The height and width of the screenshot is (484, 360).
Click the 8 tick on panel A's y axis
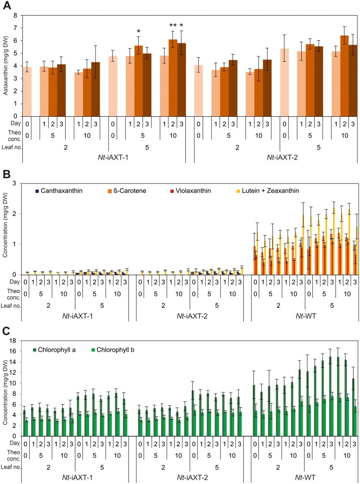pos(15,15)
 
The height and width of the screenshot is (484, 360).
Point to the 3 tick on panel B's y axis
pos(16,183)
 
